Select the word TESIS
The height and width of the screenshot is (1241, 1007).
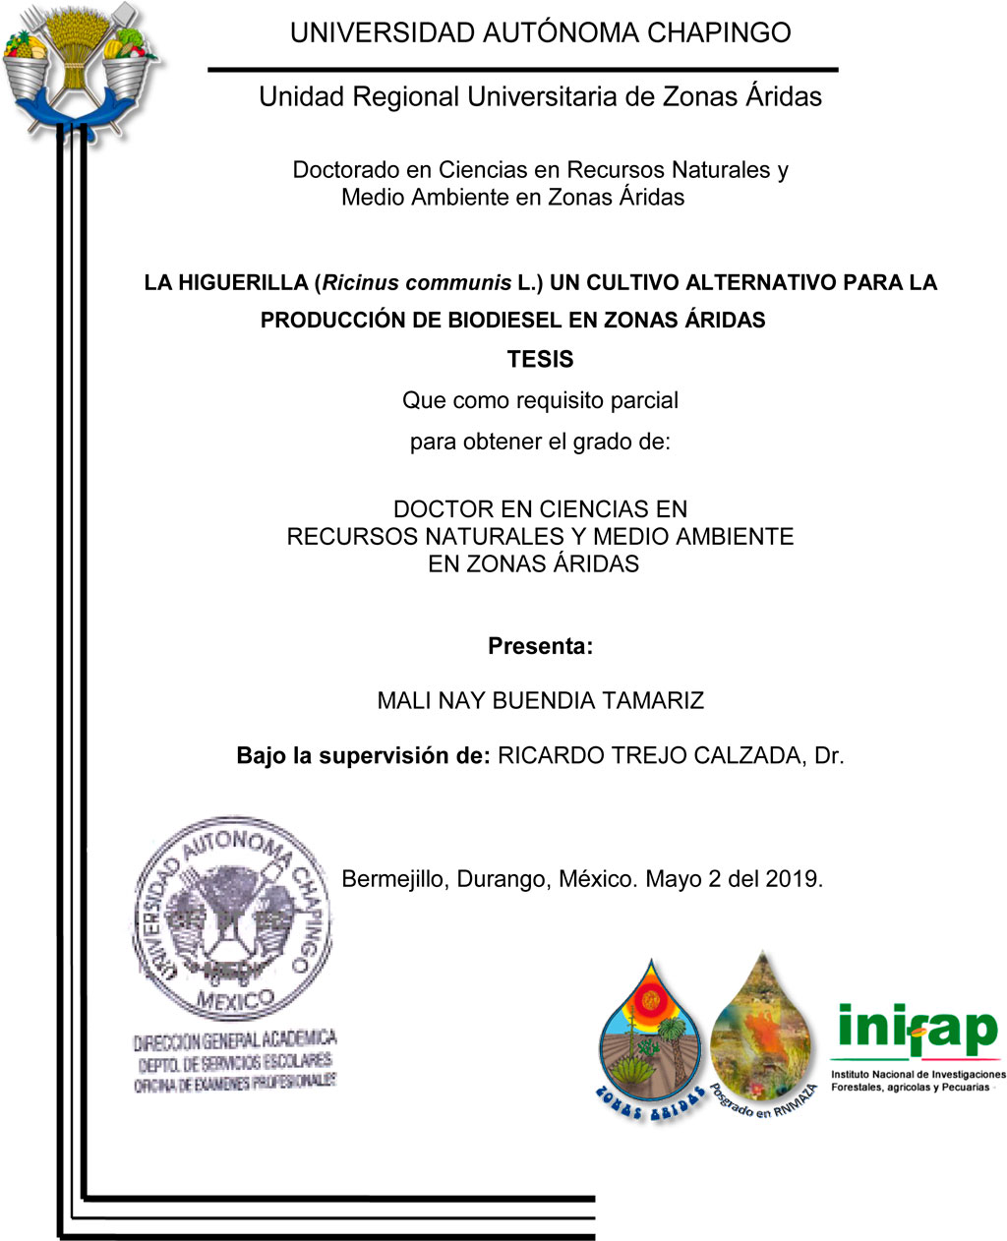(540, 359)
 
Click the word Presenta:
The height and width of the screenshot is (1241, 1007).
(540, 646)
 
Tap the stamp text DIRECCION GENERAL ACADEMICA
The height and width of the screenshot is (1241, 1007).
(235, 1039)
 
